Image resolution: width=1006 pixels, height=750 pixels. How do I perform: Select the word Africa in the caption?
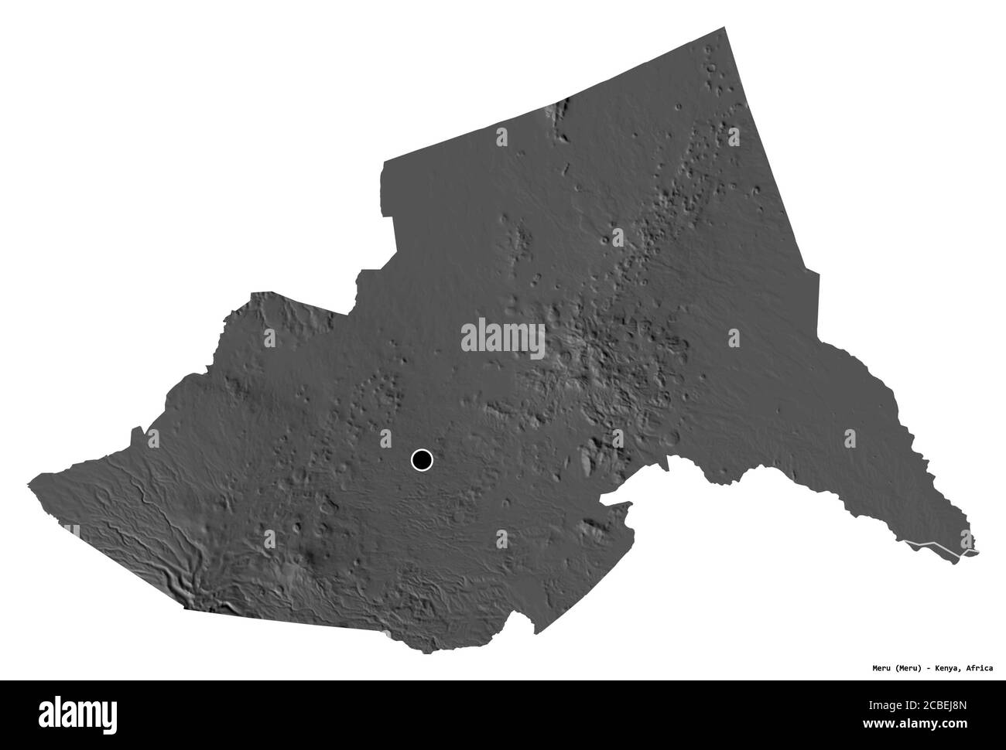(978, 643)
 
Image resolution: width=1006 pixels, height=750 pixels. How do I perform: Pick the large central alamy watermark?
(503, 339)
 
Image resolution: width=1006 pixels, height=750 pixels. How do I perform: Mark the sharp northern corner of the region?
(725, 28)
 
